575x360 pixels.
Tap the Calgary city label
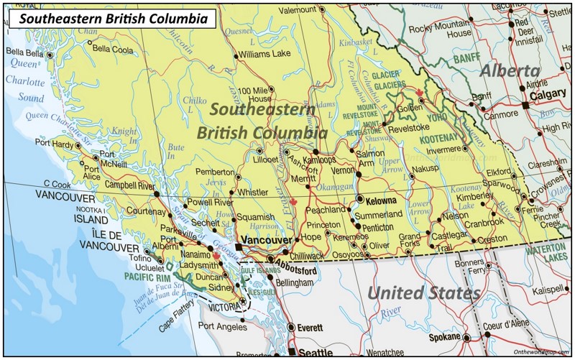click(548, 95)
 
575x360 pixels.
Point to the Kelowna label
click(381, 200)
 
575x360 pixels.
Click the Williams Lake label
click(265, 54)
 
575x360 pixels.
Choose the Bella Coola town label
click(113, 50)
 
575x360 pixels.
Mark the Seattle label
click(316, 352)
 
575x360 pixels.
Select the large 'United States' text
click(423, 293)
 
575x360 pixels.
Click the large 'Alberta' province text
click(510, 71)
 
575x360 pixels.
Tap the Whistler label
click(252, 193)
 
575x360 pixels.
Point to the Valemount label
click(298, 10)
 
